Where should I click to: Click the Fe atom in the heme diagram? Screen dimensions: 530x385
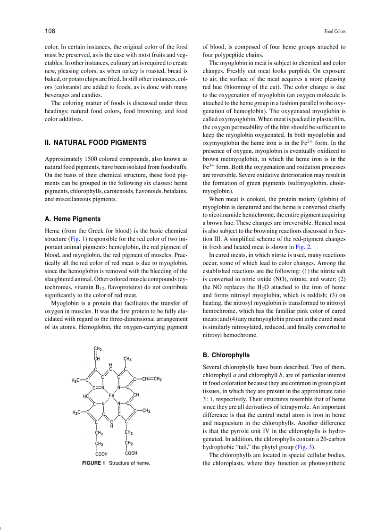111,395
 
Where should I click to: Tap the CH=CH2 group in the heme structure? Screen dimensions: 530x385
151,379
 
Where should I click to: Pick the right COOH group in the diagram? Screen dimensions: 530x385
131,453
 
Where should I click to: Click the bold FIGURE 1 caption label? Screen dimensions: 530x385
94,463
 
